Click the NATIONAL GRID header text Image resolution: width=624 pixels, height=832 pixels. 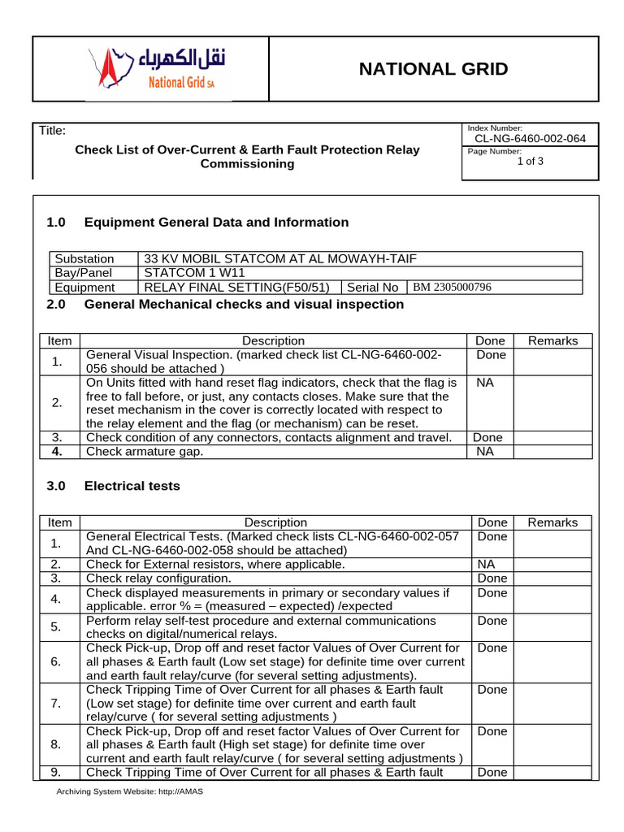[433, 69]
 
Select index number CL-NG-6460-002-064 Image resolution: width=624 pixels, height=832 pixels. [530, 138]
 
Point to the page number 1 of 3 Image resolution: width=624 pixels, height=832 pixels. [530, 161]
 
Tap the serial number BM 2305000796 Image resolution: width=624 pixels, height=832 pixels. [452, 287]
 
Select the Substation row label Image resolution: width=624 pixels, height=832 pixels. [84, 259]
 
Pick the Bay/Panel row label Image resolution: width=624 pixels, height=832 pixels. [84, 273]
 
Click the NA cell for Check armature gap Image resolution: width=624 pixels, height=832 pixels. [486, 452]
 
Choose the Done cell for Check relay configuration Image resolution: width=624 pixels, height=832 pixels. [492, 578]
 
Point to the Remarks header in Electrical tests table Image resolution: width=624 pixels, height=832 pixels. [552, 522]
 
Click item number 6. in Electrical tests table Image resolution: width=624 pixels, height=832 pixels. [55, 661]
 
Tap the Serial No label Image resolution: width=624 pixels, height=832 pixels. [372, 287]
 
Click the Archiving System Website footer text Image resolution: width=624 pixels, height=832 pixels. [129, 791]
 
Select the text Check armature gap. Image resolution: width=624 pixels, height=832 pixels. [145, 452]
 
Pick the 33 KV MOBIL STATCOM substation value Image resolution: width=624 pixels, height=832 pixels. [279, 259]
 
